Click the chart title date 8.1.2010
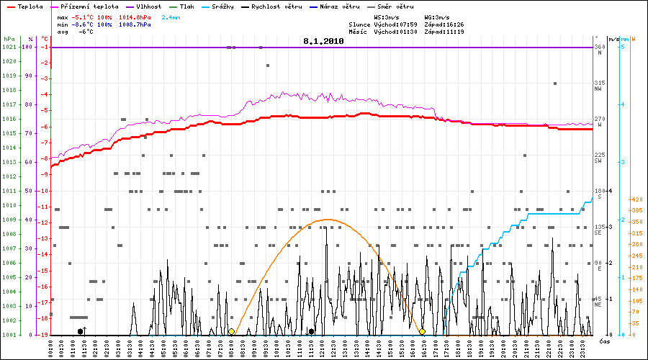(323, 42)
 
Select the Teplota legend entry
(30, 6)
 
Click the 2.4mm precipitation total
(171, 16)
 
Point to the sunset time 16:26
(454, 24)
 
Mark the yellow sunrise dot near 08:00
(231, 332)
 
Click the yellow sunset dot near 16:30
(423, 332)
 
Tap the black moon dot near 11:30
(311, 332)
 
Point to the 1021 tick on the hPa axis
(9, 47)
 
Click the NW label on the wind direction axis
(598, 89)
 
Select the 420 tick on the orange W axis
(635, 199)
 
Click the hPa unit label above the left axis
(9, 38)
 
